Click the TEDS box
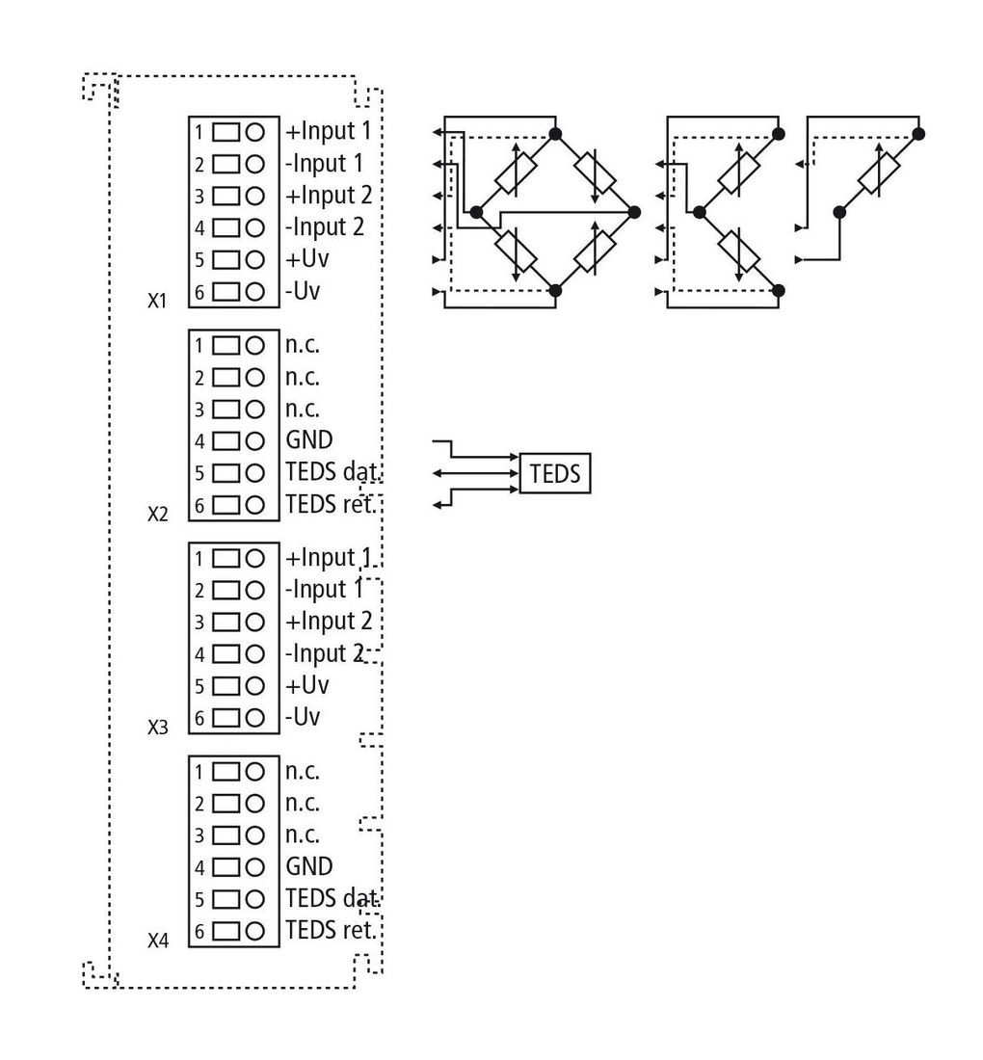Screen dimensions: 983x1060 pos(554,473)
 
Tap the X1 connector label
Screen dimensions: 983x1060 pos(157,300)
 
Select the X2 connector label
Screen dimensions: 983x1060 pos(157,514)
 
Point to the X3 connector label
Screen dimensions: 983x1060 pos(157,727)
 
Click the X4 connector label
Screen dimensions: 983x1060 pos(157,941)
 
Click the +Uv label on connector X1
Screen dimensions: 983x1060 pos(307,259)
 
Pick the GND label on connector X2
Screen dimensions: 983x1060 pos(309,440)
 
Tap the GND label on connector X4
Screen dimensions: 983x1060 pos(309,866)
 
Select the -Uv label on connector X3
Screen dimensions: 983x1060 pos(303,717)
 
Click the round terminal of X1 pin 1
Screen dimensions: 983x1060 pos(254,132)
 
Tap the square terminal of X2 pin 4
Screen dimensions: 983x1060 pos(226,441)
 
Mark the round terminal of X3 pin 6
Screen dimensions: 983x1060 pos(254,718)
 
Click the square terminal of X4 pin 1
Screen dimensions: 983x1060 pos(226,771)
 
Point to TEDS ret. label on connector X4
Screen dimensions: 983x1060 pos(331,930)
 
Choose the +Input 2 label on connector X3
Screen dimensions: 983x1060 pos(329,622)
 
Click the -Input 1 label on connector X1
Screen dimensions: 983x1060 pos(325,164)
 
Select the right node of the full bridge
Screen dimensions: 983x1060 pos(634,212)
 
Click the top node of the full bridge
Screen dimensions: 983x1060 pos(555,134)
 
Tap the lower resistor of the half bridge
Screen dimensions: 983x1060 pos(739,252)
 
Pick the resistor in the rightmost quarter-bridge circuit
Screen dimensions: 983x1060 pos(879,173)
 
